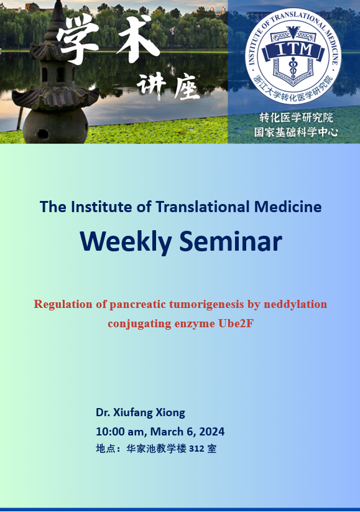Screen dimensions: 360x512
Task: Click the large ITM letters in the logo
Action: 295,49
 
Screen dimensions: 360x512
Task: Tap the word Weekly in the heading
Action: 126,242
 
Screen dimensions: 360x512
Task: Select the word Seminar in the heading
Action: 231,241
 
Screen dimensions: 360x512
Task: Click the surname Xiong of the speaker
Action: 170,412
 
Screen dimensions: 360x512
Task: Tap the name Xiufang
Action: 133,412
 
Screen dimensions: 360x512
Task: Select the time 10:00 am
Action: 119,432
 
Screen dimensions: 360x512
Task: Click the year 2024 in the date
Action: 212,432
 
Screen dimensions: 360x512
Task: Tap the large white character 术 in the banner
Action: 137,39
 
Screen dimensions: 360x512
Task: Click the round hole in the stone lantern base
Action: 43,134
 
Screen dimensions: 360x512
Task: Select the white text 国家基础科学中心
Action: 296,132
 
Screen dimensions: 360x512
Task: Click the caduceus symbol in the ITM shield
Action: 293,68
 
